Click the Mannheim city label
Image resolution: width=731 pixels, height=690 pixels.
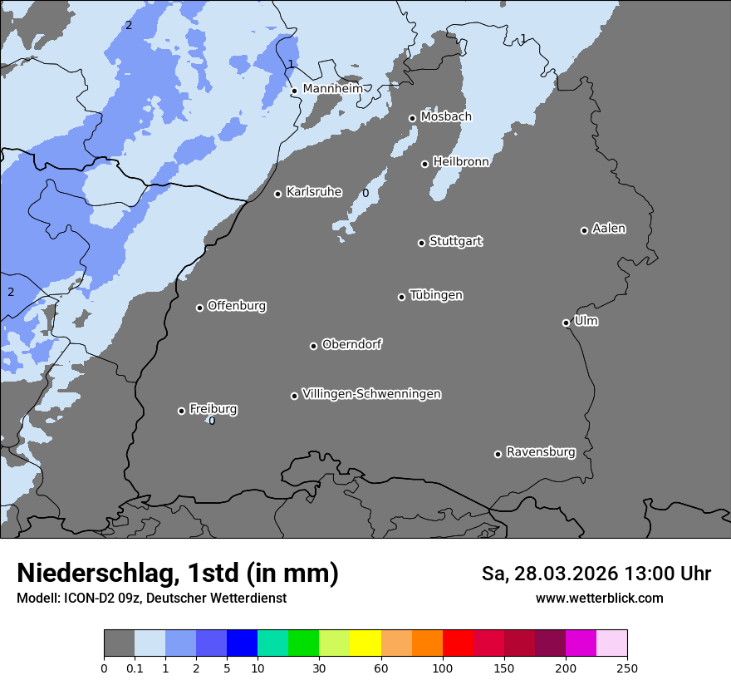point(332,89)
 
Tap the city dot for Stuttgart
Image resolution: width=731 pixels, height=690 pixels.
point(421,243)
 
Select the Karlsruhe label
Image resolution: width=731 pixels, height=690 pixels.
point(314,192)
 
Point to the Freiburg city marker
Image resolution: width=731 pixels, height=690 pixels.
point(181,411)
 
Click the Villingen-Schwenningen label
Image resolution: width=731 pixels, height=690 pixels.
point(371,394)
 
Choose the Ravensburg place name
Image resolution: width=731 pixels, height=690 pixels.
point(541,452)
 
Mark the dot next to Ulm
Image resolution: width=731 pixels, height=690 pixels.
point(566,323)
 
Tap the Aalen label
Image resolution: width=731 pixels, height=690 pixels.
point(609,229)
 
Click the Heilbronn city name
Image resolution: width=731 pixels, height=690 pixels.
point(461,162)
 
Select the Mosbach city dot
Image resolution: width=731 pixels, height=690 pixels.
point(412,118)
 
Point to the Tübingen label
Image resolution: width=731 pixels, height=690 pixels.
point(436,295)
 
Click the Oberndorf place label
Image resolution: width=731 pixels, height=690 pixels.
point(352,344)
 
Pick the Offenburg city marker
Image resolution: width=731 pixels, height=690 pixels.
point(199,308)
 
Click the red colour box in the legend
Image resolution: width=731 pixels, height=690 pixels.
point(458,643)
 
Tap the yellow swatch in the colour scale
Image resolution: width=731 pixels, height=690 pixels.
point(365,643)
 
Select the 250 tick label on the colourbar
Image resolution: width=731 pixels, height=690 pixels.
point(627,667)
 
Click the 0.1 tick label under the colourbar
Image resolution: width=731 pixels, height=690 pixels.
point(135,667)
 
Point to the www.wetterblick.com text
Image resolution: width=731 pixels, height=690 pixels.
point(599,599)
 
